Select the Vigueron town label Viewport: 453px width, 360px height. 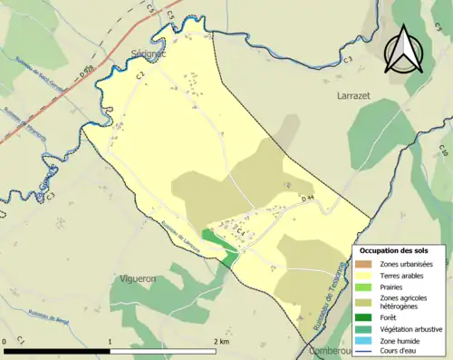[x=141, y=279]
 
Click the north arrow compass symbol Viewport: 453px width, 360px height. [x=404, y=49]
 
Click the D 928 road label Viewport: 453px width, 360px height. [x=86, y=73]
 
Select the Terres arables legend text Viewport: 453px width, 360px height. [x=406, y=275]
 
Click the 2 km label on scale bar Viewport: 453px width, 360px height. [x=221, y=342]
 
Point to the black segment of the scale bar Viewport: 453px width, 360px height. [x=58, y=349]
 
